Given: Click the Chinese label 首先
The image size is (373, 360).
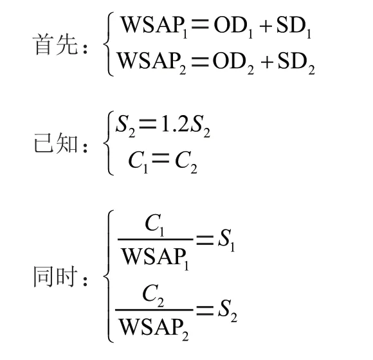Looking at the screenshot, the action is pos(55,44).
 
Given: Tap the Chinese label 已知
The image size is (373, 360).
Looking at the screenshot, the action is pos(56,143).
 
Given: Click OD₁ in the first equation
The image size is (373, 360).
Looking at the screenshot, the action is pos(233,27).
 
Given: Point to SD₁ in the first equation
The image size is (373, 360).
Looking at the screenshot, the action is pos(294,27).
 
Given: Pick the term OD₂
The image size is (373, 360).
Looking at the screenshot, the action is pos(233,62).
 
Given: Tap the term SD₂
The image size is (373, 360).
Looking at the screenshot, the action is pos(296,62).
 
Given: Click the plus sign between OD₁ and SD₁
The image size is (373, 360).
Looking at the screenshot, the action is pos(266,26).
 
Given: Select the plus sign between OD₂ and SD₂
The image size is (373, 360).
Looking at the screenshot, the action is pos(267,62).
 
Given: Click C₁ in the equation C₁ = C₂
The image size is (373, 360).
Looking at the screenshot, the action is pos(138,161).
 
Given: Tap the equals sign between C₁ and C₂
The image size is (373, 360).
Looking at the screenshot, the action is pos(161,158).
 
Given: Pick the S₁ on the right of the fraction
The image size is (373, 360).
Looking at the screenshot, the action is pos(226,240).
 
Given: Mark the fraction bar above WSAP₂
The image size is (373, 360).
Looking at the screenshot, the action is pos(154,310).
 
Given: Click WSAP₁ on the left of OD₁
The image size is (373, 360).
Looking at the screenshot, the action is pos(154,27).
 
